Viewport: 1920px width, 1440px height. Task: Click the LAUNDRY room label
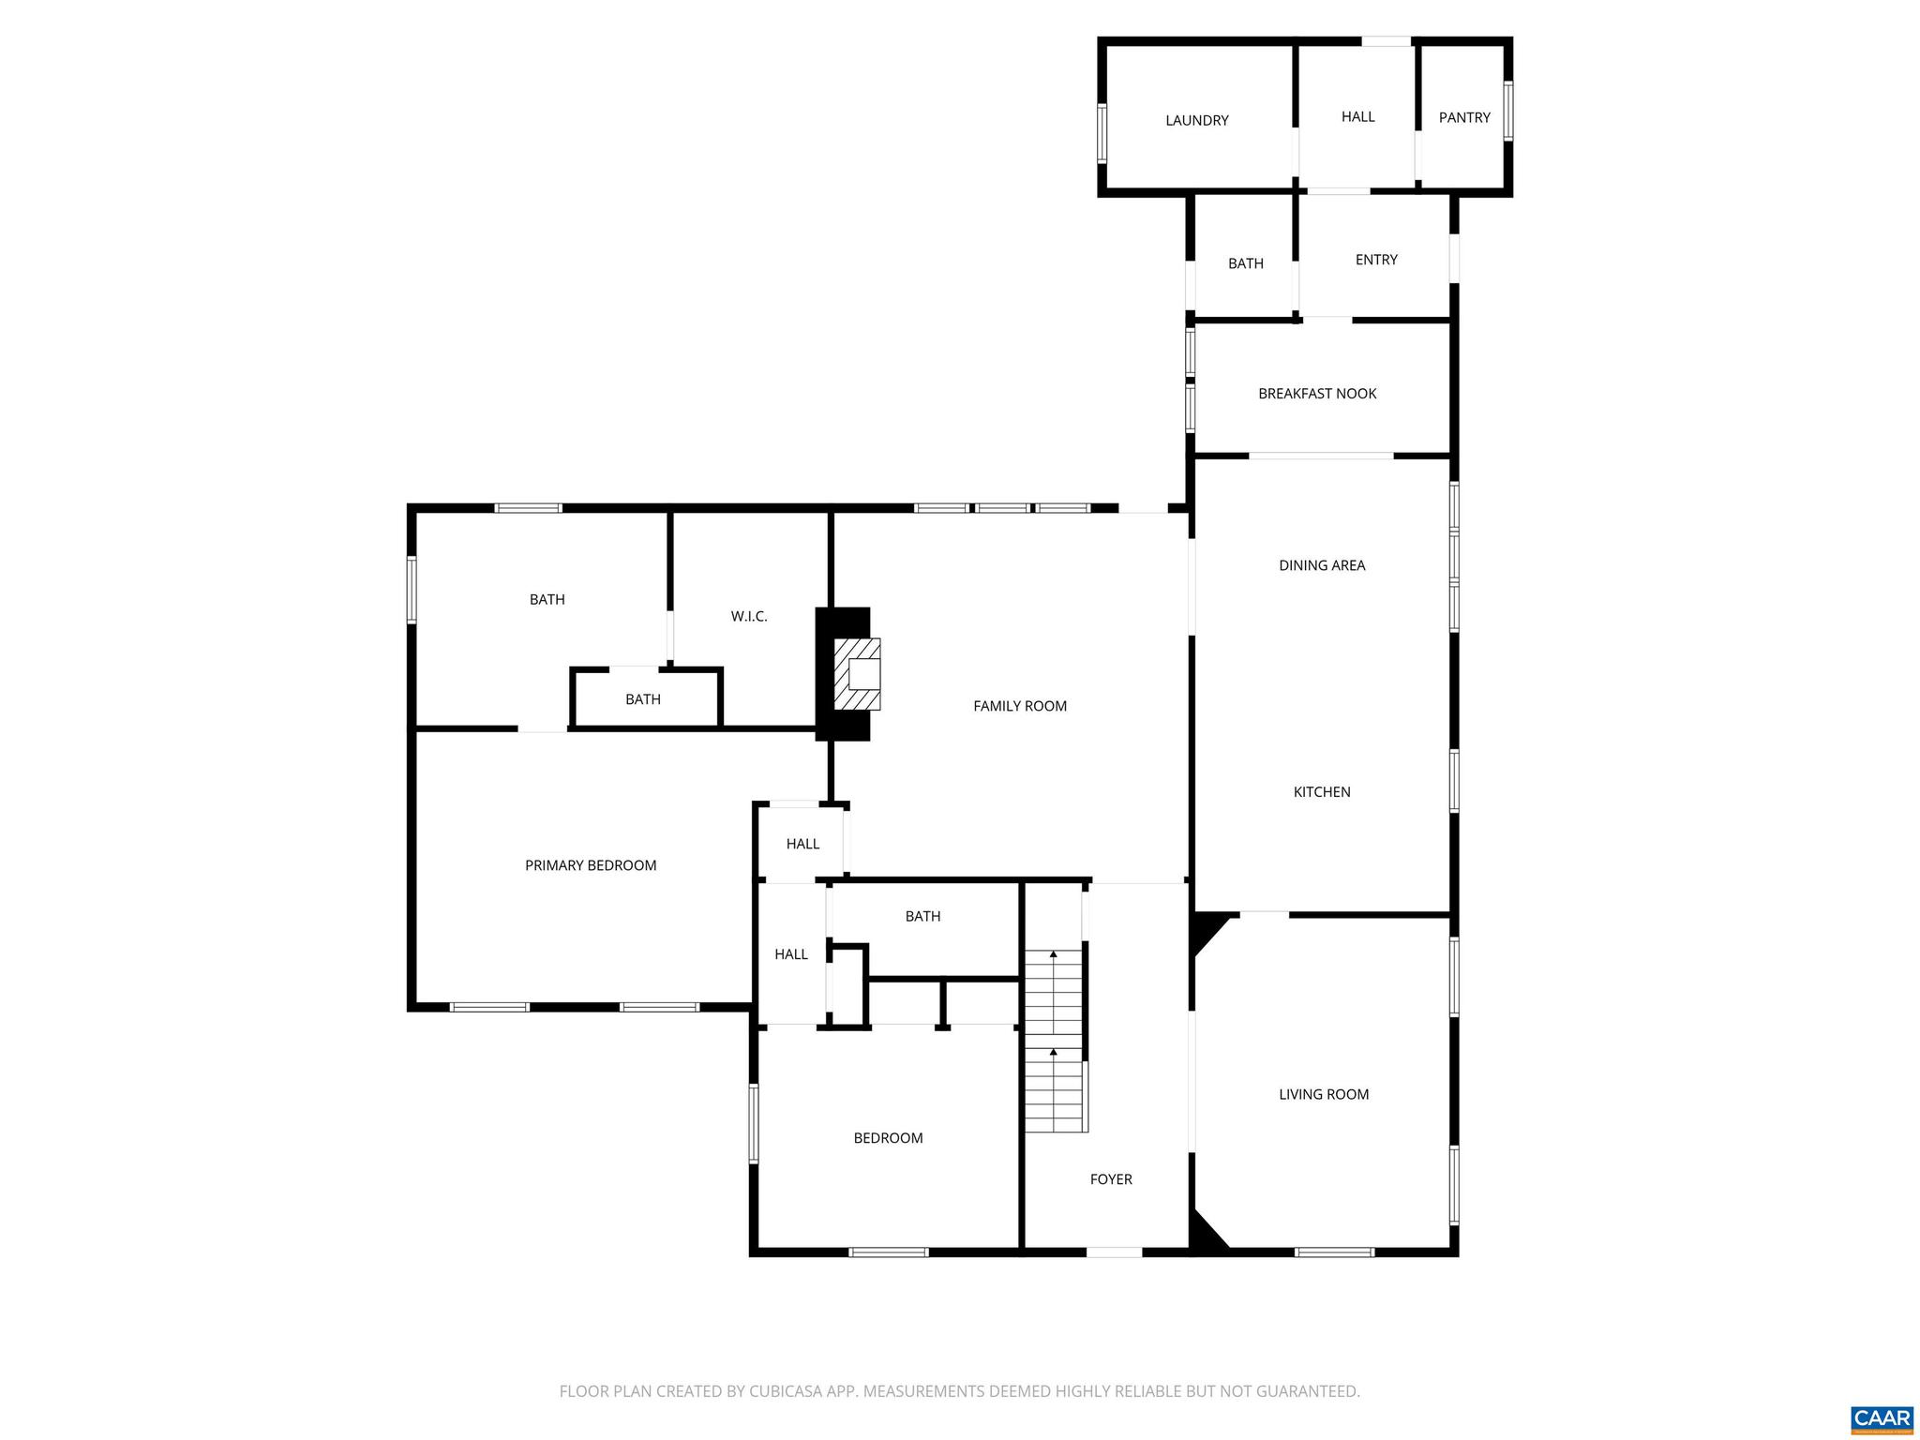(x=1196, y=120)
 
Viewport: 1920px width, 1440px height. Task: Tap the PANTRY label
(x=1463, y=117)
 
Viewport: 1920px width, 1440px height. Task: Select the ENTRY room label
(x=1376, y=260)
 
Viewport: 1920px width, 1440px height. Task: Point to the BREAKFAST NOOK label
(x=1317, y=394)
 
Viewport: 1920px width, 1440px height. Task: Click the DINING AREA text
(x=1322, y=565)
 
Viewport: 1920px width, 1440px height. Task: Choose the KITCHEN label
(x=1322, y=792)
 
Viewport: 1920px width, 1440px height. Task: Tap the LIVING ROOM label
(x=1324, y=1094)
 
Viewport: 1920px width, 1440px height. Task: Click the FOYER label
(x=1111, y=1179)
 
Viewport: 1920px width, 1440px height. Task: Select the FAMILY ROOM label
(x=1020, y=706)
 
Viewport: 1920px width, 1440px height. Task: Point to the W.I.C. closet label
(x=749, y=616)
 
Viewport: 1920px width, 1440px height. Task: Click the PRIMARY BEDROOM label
(x=591, y=865)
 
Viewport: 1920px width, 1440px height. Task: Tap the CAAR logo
(x=1882, y=1418)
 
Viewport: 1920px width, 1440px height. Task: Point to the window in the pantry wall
(x=1508, y=112)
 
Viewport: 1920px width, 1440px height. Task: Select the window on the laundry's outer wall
(x=1102, y=133)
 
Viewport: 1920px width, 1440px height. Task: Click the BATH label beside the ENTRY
(x=1246, y=263)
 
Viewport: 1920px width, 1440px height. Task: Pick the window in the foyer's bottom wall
(x=1115, y=1252)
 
